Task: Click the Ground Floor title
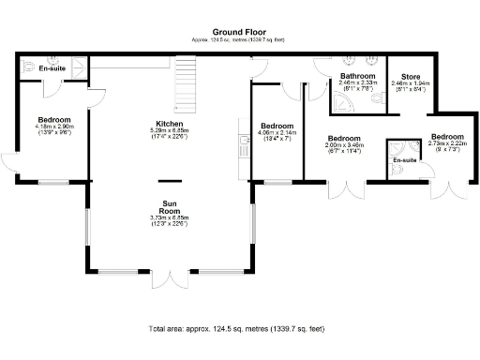(x=239, y=31)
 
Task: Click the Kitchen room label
(x=171, y=125)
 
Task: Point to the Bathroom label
(x=357, y=76)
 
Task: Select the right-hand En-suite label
(x=404, y=161)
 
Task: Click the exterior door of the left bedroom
(x=11, y=161)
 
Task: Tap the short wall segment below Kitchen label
(x=170, y=180)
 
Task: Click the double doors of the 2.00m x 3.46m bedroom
(x=344, y=190)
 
